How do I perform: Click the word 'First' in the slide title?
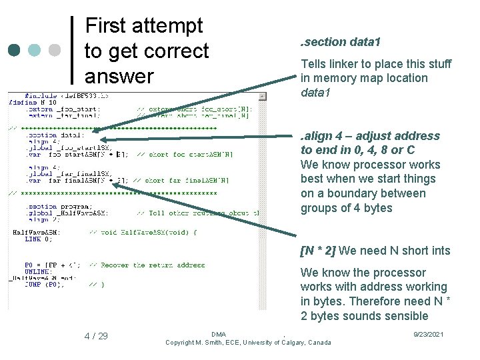pos(110,26)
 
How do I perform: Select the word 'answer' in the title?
pos(119,75)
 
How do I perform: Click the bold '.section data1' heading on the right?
pos(341,42)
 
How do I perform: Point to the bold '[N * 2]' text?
pos(318,251)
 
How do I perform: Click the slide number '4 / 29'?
pos(96,336)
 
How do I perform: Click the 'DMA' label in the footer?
pos(218,334)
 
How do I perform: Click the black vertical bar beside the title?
pos(72,50)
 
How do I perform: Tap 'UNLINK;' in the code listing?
pos(37,271)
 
